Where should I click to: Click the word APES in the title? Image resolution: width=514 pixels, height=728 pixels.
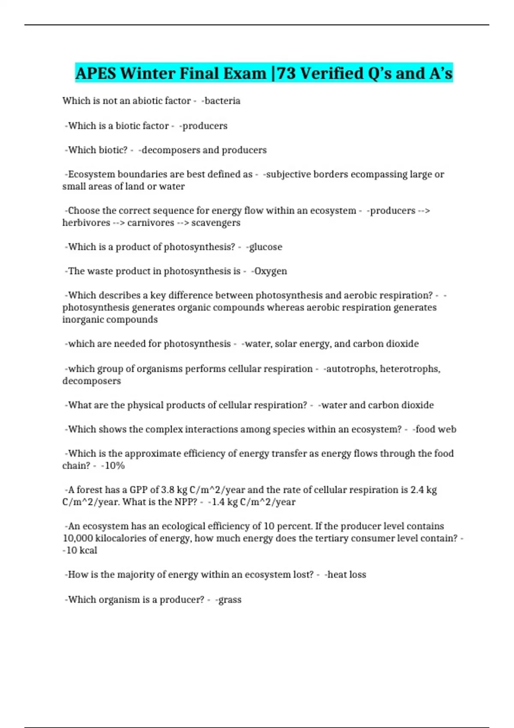point(96,73)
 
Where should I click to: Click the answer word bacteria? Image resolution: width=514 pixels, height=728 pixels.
point(222,101)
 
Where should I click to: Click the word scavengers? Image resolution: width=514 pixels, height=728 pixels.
point(216,223)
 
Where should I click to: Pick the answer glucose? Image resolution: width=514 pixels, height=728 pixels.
point(266,247)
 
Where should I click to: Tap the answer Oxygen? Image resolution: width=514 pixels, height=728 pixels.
point(270,271)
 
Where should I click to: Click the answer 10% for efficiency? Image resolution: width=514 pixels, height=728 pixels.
point(114,465)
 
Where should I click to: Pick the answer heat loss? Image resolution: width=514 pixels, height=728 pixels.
point(347,574)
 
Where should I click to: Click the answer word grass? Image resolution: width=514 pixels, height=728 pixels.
point(230,600)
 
